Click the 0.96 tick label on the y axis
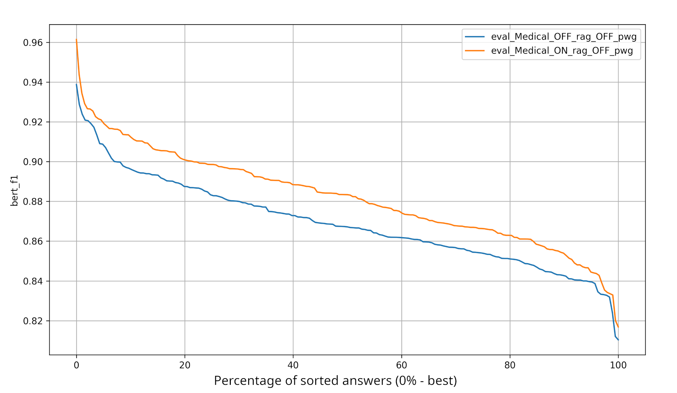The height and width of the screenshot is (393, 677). (x=33, y=43)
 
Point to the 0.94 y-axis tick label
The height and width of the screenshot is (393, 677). (x=33, y=82)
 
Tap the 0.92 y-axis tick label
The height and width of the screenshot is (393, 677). (x=33, y=122)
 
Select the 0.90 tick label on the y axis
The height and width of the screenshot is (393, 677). (x=33, y=162)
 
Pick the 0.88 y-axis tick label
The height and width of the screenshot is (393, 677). (x=33, y=202)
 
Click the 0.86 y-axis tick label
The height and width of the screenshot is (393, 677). (x=33, y=242)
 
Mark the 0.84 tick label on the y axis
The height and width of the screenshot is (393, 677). (x=33, y=281)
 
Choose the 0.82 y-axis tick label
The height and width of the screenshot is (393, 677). (x=33, y=321)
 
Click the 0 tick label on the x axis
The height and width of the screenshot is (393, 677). (x=76, y=365)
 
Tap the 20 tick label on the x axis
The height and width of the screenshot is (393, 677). (x=185, y=365)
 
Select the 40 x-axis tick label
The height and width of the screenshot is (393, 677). (x=293, y=365)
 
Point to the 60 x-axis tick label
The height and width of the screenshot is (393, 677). (x=401, y=365)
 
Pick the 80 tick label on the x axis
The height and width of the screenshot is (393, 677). (x=510, y=365)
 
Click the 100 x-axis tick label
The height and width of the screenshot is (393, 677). (x=618, y=365)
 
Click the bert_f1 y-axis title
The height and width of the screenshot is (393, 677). (x=14, y=191)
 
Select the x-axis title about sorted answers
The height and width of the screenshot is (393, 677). (x=335, y=381)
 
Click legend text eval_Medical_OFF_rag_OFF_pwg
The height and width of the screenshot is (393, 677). (x=563, y=37)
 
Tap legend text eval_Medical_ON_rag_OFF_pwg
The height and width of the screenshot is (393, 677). (x=562, y=51)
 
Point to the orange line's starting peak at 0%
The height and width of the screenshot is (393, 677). (x=76, y=39)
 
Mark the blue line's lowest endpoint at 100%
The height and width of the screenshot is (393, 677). (x=618, y=340)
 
